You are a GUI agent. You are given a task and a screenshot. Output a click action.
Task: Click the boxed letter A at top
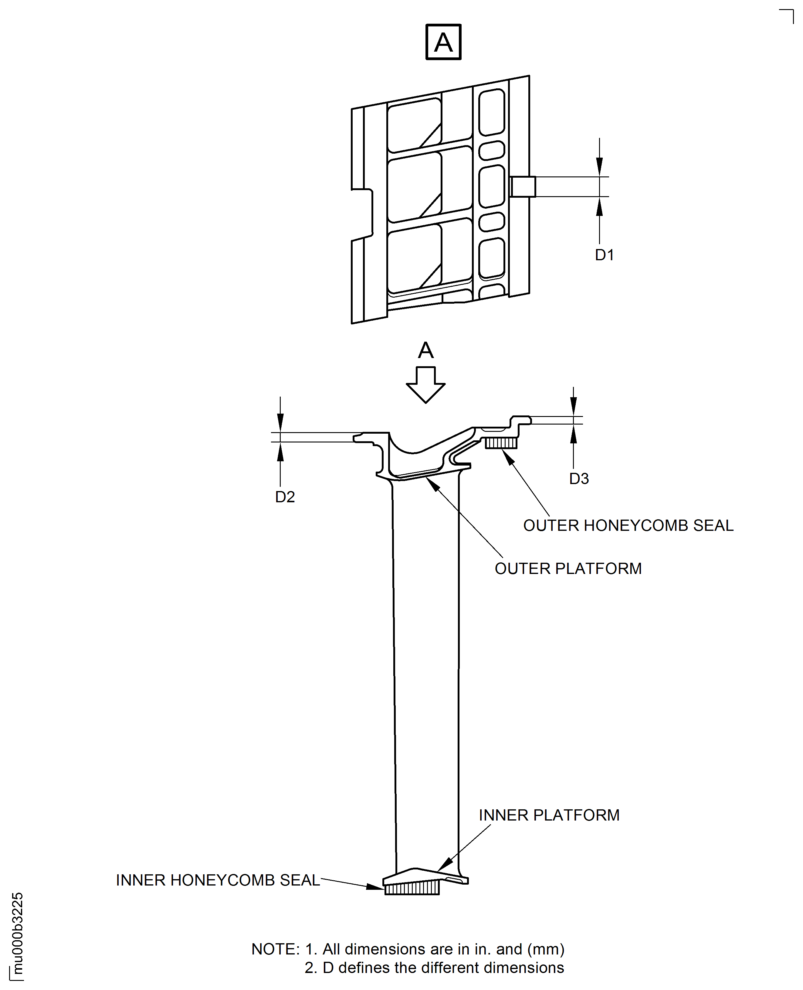coord(443,42)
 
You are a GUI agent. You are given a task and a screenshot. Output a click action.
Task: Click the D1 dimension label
coord(604,255)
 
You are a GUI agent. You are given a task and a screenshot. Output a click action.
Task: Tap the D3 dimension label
coord(579,479)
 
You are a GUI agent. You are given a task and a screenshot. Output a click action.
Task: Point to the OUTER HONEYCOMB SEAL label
coord(628,525)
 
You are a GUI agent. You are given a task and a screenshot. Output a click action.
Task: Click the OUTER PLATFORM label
coord(568,568)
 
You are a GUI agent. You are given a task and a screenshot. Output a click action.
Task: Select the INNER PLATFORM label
coord(549,815)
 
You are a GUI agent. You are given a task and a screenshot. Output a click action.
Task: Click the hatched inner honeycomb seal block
coord(412,888)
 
